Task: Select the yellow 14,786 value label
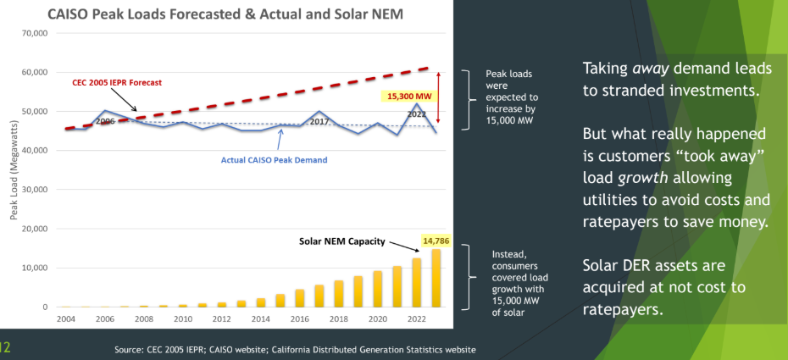[436, 241]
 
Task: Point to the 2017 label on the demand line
[319, 121]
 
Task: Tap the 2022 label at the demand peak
[416, 113]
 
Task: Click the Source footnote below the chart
[296, 349]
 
